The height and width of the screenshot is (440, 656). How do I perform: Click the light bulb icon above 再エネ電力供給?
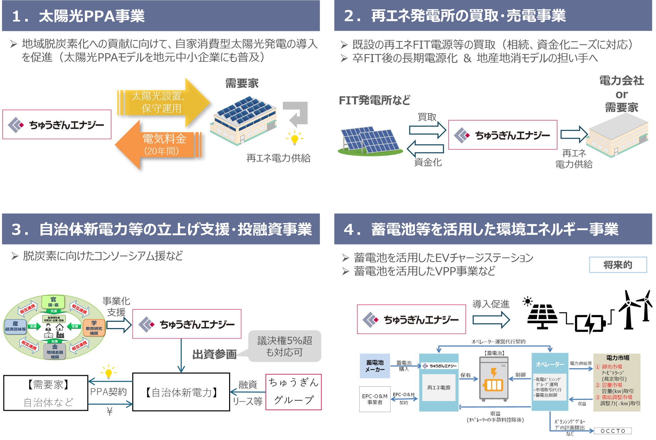point(294,138)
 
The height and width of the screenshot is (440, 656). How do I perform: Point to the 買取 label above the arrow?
point(427,117)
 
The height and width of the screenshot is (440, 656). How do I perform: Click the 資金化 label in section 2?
point(428,163)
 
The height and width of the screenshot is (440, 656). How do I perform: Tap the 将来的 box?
point(618,265)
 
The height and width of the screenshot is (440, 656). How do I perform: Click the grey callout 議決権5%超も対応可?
point(285,346)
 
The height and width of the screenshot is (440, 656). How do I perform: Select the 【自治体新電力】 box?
point(181,392)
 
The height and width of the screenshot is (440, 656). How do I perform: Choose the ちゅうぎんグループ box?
point(293,392)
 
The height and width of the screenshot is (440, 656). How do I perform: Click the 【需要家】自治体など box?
point(46,393)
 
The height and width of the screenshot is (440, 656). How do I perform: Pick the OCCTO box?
point(613,431)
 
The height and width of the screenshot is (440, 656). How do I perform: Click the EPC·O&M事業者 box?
point(375,399)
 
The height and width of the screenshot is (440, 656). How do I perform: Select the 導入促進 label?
point(491,304)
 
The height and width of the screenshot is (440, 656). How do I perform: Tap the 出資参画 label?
point(214,354)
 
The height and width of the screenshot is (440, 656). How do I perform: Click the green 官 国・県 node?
point(53,302)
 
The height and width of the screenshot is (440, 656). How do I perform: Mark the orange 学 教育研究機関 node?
point(94,328)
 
